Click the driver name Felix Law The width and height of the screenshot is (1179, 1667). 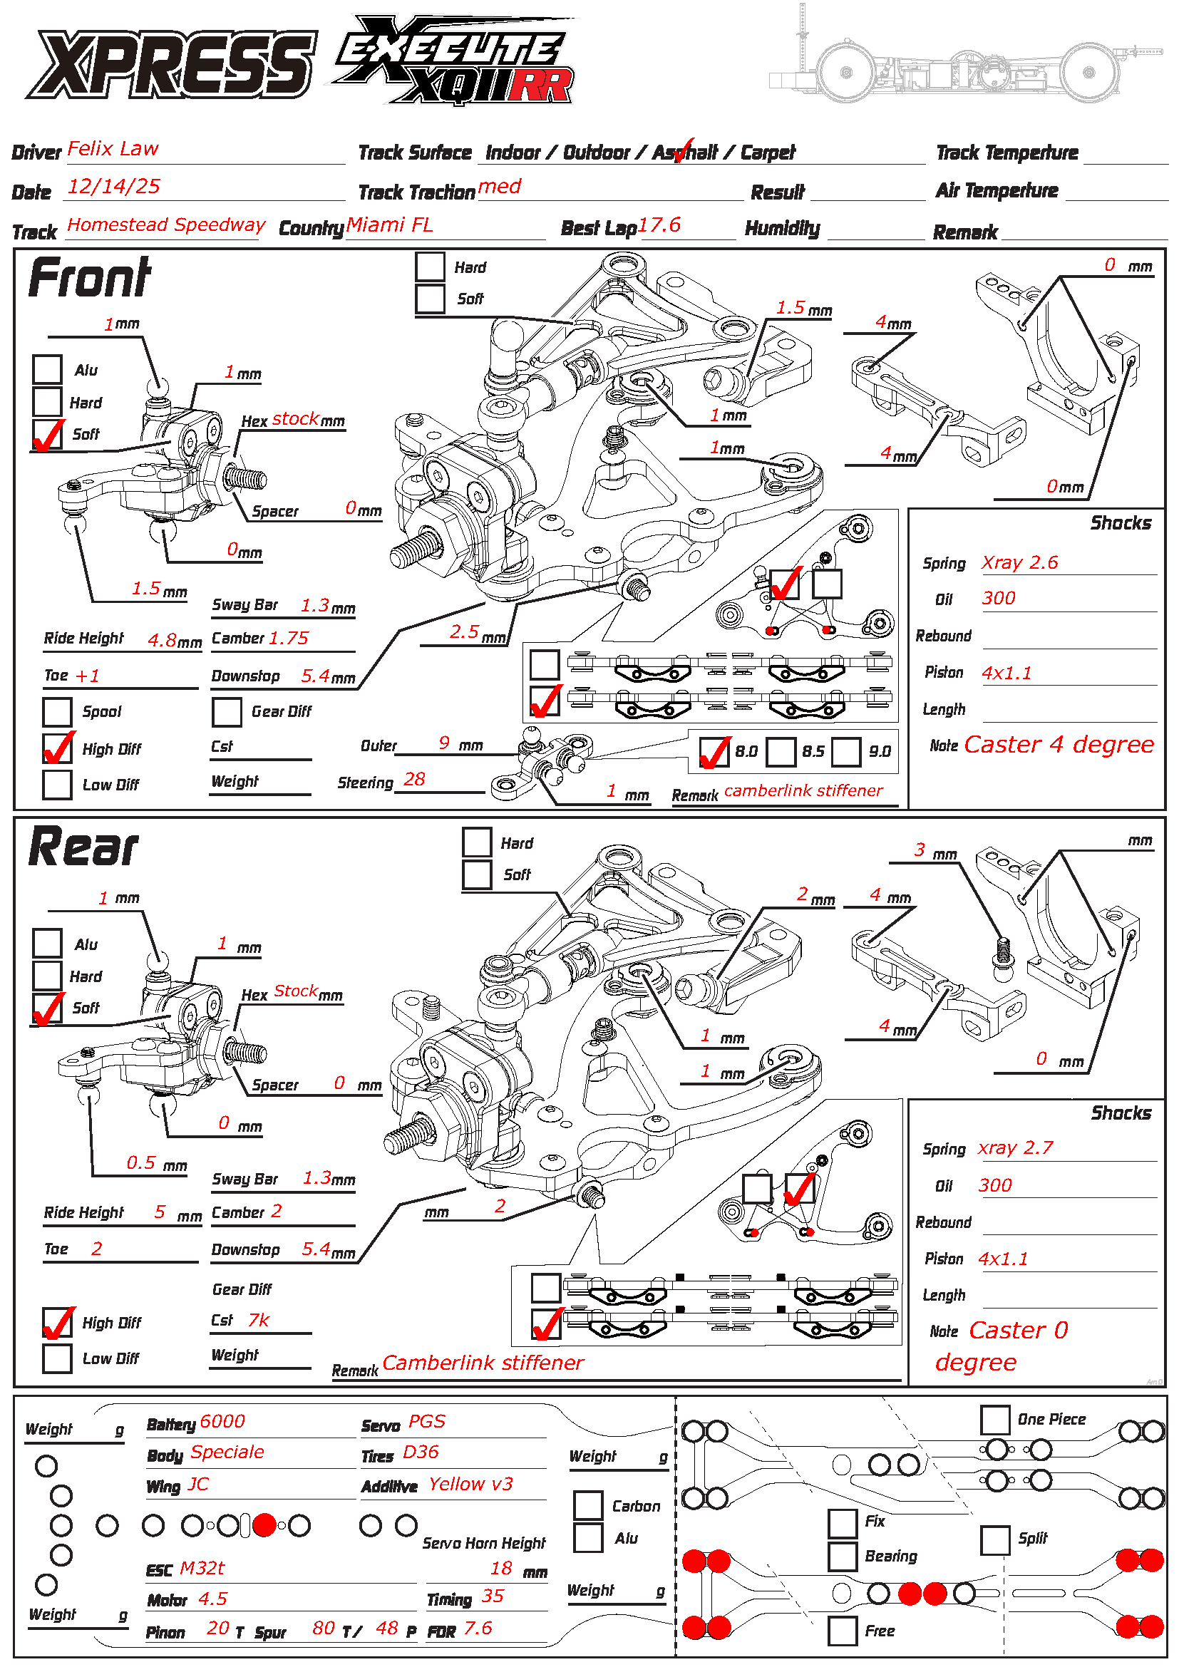(x=113, y=149)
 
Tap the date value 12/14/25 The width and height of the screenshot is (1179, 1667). (x=113, y=187)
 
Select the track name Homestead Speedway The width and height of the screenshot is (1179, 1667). (x=166, y=224)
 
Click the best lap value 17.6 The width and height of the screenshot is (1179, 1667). (x=659, y=225)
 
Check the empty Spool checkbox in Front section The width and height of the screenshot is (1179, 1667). (x=56, y=711)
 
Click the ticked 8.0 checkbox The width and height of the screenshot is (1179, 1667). (x=714, y=751)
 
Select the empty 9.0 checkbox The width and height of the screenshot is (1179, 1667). (x=846, y=751)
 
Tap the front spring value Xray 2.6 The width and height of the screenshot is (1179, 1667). (x=1019, y=563)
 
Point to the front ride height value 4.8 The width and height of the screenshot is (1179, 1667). (x=162, y=639)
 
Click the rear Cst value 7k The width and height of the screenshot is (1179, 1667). (x=259, y=1320)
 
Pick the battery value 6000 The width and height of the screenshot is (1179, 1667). (x=222, y=1421)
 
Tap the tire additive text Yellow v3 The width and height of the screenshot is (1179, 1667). (x=470, y=1484)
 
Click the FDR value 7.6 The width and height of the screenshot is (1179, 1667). (x=478, y=1629)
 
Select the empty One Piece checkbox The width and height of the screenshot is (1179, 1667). (x=994, y=1420)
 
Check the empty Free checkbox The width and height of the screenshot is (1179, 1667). (x=842, y=1631)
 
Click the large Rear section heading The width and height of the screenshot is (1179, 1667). (x=83, y=847)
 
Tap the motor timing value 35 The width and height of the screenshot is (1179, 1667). (x=493, y=1596)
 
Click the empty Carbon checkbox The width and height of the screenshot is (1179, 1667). (x=587, y=1505)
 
